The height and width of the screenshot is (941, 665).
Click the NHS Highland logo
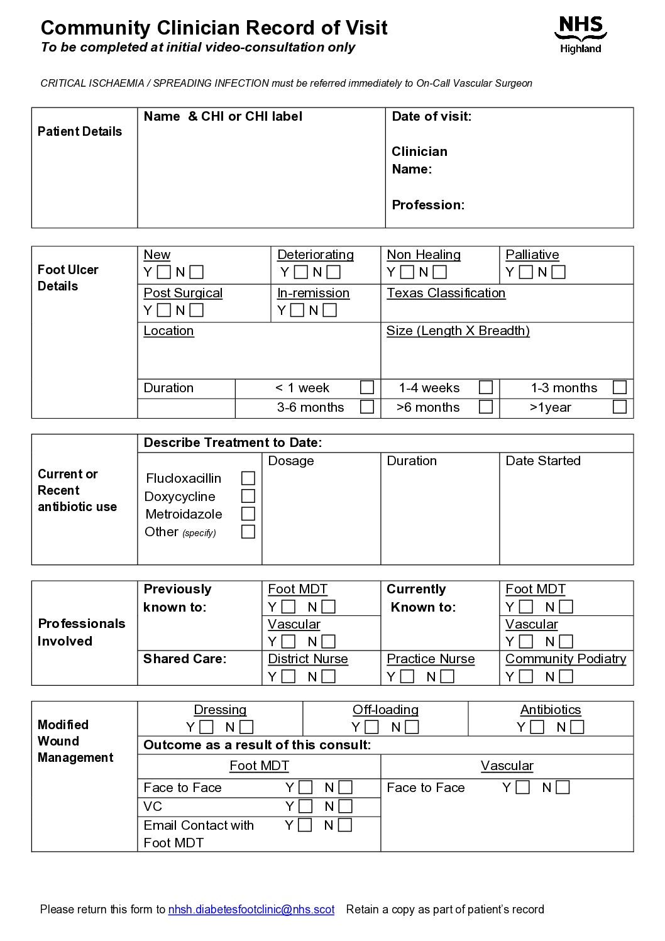(580, 35)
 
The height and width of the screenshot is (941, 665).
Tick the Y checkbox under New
(164, 272)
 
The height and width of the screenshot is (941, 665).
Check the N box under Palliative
(558, 272)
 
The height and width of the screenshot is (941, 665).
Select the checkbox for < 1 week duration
(367, 387)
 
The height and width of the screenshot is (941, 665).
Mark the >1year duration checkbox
(619, 407)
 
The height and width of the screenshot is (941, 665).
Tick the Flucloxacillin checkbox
(248, 478)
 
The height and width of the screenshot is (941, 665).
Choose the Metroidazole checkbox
(248, 514)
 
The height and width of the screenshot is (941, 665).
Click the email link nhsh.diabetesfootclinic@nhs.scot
(251, 909)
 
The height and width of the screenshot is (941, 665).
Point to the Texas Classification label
(446, 293)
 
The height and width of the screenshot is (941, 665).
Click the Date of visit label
(431, 116)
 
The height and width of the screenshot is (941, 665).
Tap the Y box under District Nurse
(289, 676)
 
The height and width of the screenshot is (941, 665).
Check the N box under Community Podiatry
(566, 676)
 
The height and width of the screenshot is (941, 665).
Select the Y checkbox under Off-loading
(371, 727)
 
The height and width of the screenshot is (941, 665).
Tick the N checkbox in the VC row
(345, 806)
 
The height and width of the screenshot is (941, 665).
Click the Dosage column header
(290, 461)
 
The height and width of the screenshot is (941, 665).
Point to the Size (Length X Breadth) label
(458, 331)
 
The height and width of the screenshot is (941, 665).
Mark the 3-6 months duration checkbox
(367, 407)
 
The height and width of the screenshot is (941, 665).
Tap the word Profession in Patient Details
(427, 205)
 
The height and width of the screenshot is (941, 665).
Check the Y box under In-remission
(297, 310)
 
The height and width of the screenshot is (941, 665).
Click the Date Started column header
(542, 461)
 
